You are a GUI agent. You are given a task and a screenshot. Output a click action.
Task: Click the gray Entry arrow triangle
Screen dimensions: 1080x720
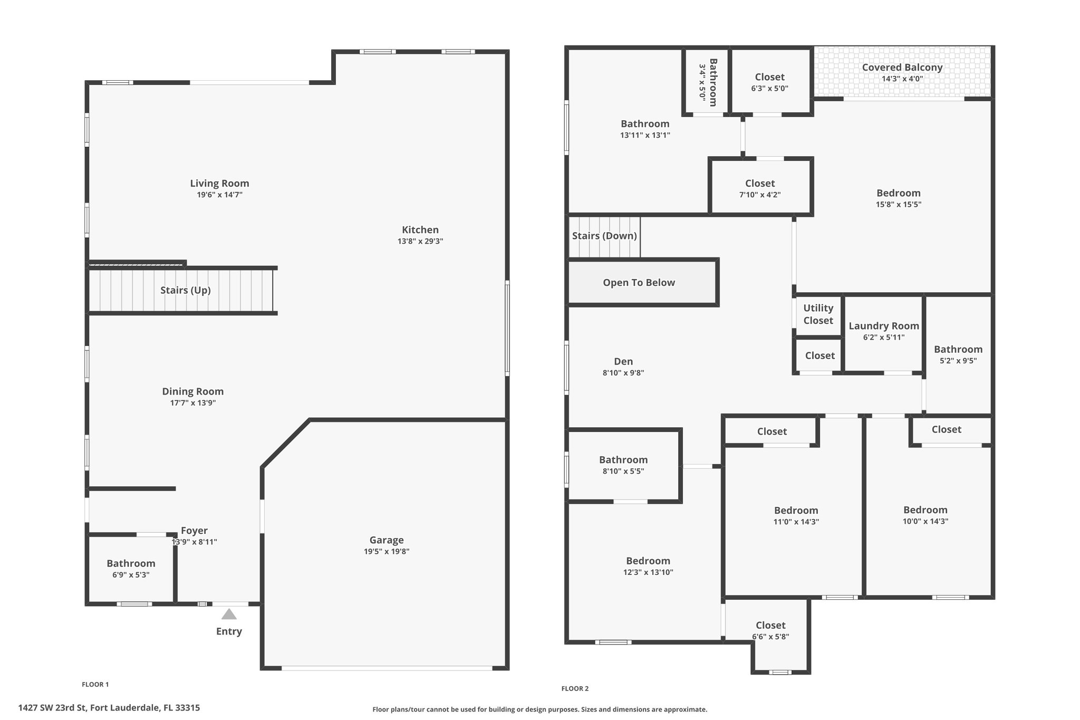coord(229,614)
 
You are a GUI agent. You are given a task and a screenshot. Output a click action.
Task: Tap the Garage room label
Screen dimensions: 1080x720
coord(387,540)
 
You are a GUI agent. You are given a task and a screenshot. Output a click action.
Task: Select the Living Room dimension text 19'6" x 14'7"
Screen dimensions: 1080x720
coord(219,195)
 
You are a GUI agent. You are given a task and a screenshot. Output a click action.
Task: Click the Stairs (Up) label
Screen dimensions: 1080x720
coord(186,290)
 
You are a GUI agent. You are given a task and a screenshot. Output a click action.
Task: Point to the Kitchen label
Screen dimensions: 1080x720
coord(420,229)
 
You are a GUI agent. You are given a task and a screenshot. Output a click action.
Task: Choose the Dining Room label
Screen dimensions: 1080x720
coord(193,391)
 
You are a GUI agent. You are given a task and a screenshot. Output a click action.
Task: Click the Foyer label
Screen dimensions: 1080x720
coord(194,531)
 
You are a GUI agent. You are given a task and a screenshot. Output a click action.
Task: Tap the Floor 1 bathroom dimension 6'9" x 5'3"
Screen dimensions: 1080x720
coord(131,575)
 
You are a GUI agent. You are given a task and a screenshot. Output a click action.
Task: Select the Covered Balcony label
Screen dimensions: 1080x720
coord(902,68)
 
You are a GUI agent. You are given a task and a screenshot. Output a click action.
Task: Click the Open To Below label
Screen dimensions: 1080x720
coord(639,283)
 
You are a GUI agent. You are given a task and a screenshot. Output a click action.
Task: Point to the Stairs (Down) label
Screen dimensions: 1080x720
coord(604,236)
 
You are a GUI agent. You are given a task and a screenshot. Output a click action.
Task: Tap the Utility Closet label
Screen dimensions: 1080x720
coord(818,314)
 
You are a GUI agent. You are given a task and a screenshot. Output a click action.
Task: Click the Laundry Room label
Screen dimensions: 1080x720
coord(884,326)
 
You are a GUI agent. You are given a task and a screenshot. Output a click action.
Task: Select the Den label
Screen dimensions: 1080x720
coord(623,361)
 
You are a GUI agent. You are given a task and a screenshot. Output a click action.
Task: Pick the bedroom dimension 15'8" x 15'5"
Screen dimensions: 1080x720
coord(899,205)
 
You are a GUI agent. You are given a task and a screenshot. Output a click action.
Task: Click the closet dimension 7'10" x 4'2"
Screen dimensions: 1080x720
coord(760,195)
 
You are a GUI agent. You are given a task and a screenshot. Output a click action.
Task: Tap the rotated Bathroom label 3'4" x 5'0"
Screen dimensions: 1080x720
coord(708,82)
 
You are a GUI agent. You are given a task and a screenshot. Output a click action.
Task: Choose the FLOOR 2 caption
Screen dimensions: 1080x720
coord(575,688)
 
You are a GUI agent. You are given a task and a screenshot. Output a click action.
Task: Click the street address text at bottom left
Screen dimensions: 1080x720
coord(109,708)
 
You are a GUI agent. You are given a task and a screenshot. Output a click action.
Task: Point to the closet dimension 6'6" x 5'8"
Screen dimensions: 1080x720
coord(770,637)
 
